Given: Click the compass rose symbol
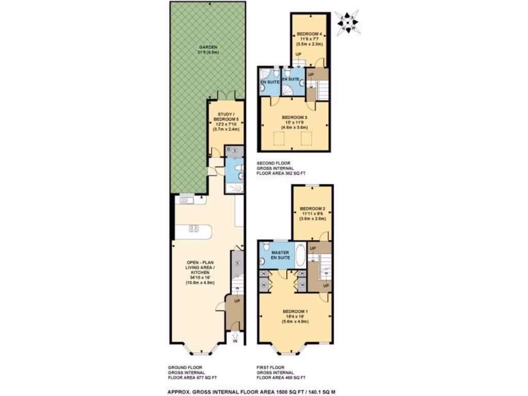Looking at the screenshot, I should click(347, 21).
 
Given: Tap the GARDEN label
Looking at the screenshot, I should click(208, 48).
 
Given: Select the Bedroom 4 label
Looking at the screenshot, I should click(309, 34).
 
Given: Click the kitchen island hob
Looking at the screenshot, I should click(194, 228).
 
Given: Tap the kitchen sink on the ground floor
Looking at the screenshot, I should click(185, 200).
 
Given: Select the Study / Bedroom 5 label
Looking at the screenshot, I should click(226, 117).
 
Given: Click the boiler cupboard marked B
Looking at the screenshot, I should click(228, 150).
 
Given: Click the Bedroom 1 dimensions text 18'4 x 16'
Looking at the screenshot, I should click(295, 316).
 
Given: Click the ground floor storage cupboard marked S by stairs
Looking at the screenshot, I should click(237, 263).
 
